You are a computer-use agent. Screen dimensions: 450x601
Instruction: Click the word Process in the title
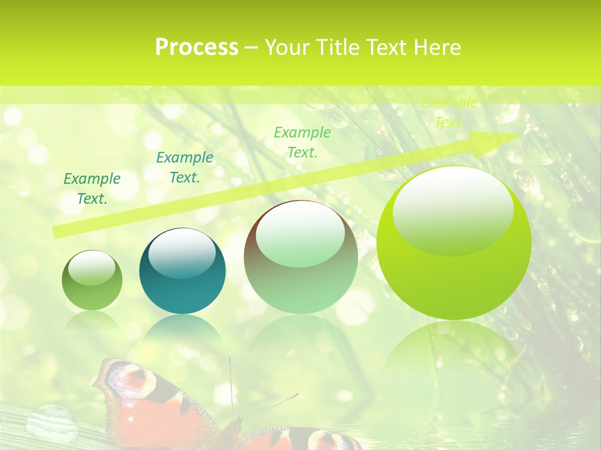tap(197, 47)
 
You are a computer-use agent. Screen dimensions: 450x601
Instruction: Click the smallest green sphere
tap(92, 281)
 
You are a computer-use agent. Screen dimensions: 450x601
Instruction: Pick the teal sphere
tap(182, 271)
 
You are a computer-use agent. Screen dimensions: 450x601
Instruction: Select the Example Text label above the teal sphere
tap(184, 167)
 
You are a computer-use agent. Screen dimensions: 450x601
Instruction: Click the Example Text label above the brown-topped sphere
tap(302, 142)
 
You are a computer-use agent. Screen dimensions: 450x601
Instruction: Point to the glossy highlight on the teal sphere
tap(182, 252)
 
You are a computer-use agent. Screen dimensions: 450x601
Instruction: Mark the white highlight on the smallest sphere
tap(91, 267)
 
